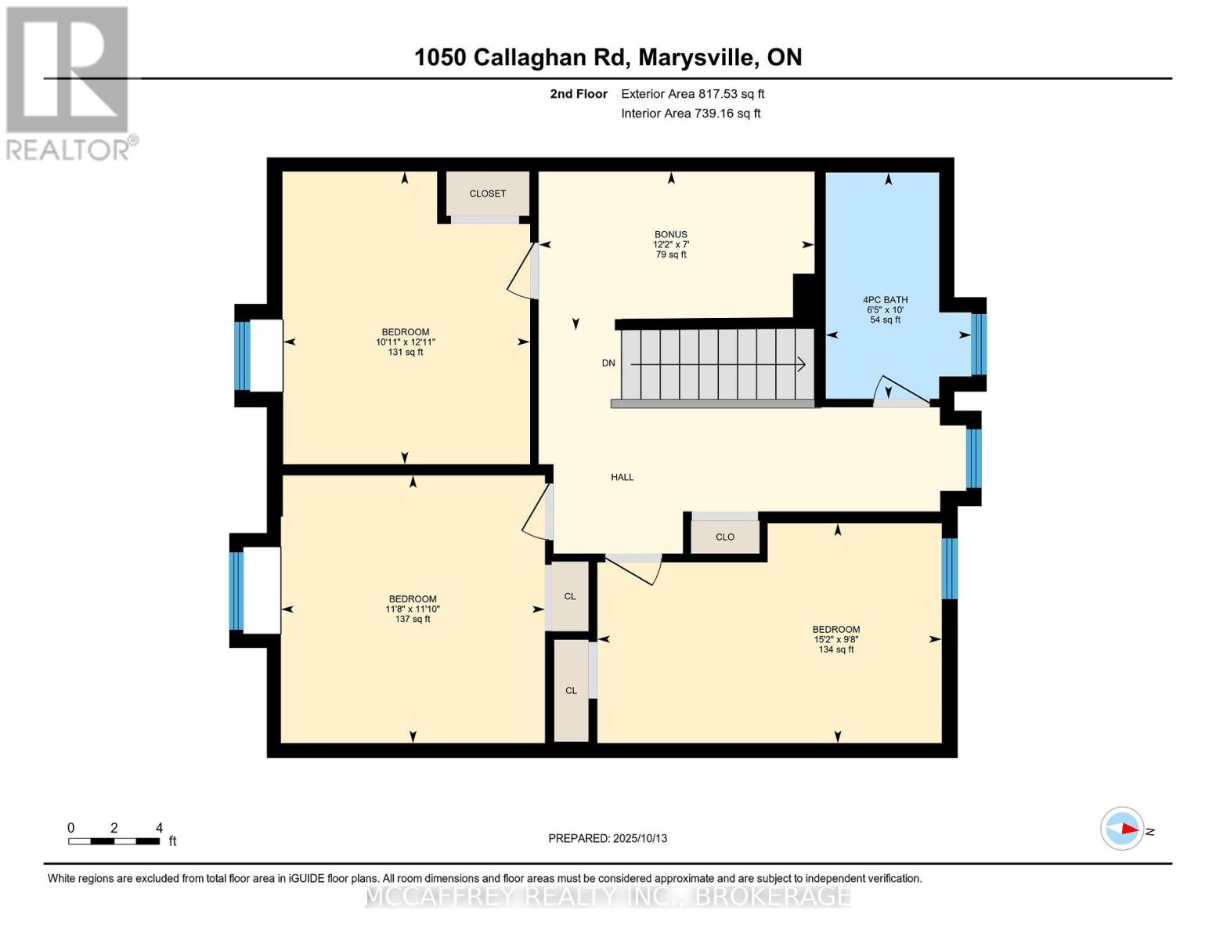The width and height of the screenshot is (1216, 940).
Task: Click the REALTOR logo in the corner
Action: (69, 82)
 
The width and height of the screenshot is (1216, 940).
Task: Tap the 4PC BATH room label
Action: (885, 300)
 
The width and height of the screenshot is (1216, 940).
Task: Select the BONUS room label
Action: (671, 234)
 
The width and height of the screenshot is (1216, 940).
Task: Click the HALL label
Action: (622, 477)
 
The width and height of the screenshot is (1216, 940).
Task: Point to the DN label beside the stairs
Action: (608, 363)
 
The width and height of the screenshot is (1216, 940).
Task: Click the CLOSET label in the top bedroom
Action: (488, 193)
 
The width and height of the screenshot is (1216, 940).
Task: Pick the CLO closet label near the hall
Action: (725, 537)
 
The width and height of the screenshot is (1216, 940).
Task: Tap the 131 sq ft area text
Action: (405, 352)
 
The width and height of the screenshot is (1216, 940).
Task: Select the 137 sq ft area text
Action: (413, 620)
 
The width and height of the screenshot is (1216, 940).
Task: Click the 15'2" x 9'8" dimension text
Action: (836, 639)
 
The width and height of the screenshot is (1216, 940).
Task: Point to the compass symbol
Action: (1122, 828)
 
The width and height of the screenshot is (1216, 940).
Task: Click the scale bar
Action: (114, 841)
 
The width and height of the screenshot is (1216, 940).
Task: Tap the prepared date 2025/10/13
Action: (608, 838)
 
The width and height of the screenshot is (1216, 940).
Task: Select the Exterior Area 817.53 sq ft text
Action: (692, 94)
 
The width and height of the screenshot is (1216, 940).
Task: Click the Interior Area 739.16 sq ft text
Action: (691, 114)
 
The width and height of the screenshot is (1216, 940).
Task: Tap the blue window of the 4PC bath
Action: (979, 344)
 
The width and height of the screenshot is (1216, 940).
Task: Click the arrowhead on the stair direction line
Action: (802, 363)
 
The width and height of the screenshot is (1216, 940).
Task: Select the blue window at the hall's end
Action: (973, 457)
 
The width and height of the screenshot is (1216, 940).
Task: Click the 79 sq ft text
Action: (671, 255)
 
